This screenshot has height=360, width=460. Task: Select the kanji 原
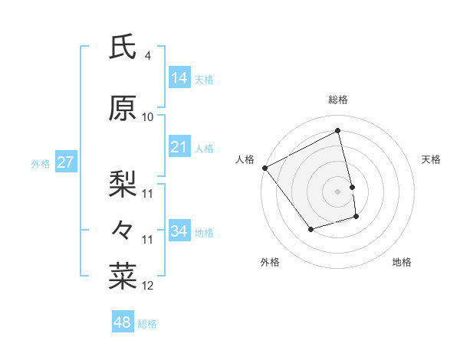coord(123,108)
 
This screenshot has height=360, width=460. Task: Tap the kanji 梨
coord(123,184)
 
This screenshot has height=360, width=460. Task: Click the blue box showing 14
coord(179,77)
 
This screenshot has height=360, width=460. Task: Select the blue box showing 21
coord(179,147)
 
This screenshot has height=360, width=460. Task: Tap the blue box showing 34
coord(179,231)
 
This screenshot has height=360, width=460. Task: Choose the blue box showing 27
coord(65,162)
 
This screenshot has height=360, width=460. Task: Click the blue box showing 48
coord(123,322)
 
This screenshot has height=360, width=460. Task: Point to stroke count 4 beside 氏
coord(147,56)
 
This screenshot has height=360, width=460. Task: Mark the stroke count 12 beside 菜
coord(148,286)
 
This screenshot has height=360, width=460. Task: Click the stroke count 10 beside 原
coord(148,117)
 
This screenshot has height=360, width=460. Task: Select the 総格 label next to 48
coord(147,324)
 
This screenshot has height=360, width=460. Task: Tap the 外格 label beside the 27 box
coord(40,163)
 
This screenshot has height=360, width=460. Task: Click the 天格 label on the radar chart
coord(431,159)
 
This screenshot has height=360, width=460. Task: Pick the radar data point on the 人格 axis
coord(264,168)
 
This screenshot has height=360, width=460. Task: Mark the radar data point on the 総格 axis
coord(338,130)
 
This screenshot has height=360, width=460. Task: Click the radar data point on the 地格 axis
coord(356,218)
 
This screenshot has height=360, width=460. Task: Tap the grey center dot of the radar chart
coord(338,191)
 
